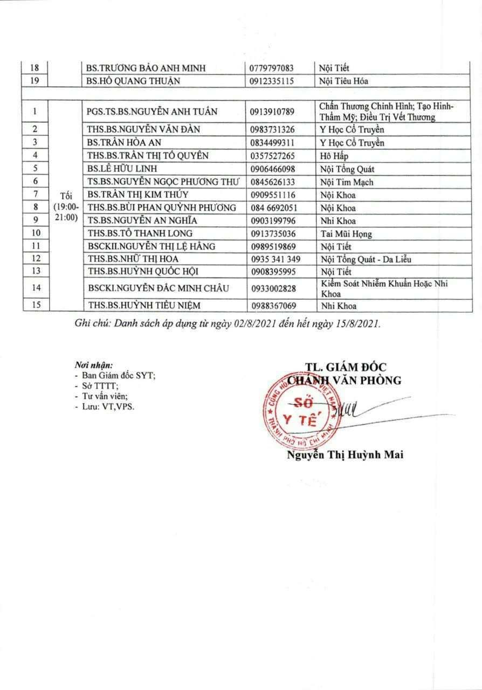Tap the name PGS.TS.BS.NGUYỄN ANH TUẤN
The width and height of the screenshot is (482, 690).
[x=152, y=112]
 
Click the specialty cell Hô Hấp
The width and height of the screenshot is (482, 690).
[x=334, y=156]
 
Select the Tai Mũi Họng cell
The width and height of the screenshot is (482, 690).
[x=346, y=233]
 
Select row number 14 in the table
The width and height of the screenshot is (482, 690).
[x=36, y=288]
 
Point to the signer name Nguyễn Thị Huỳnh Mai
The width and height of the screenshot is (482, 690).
[x=345, y=455]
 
